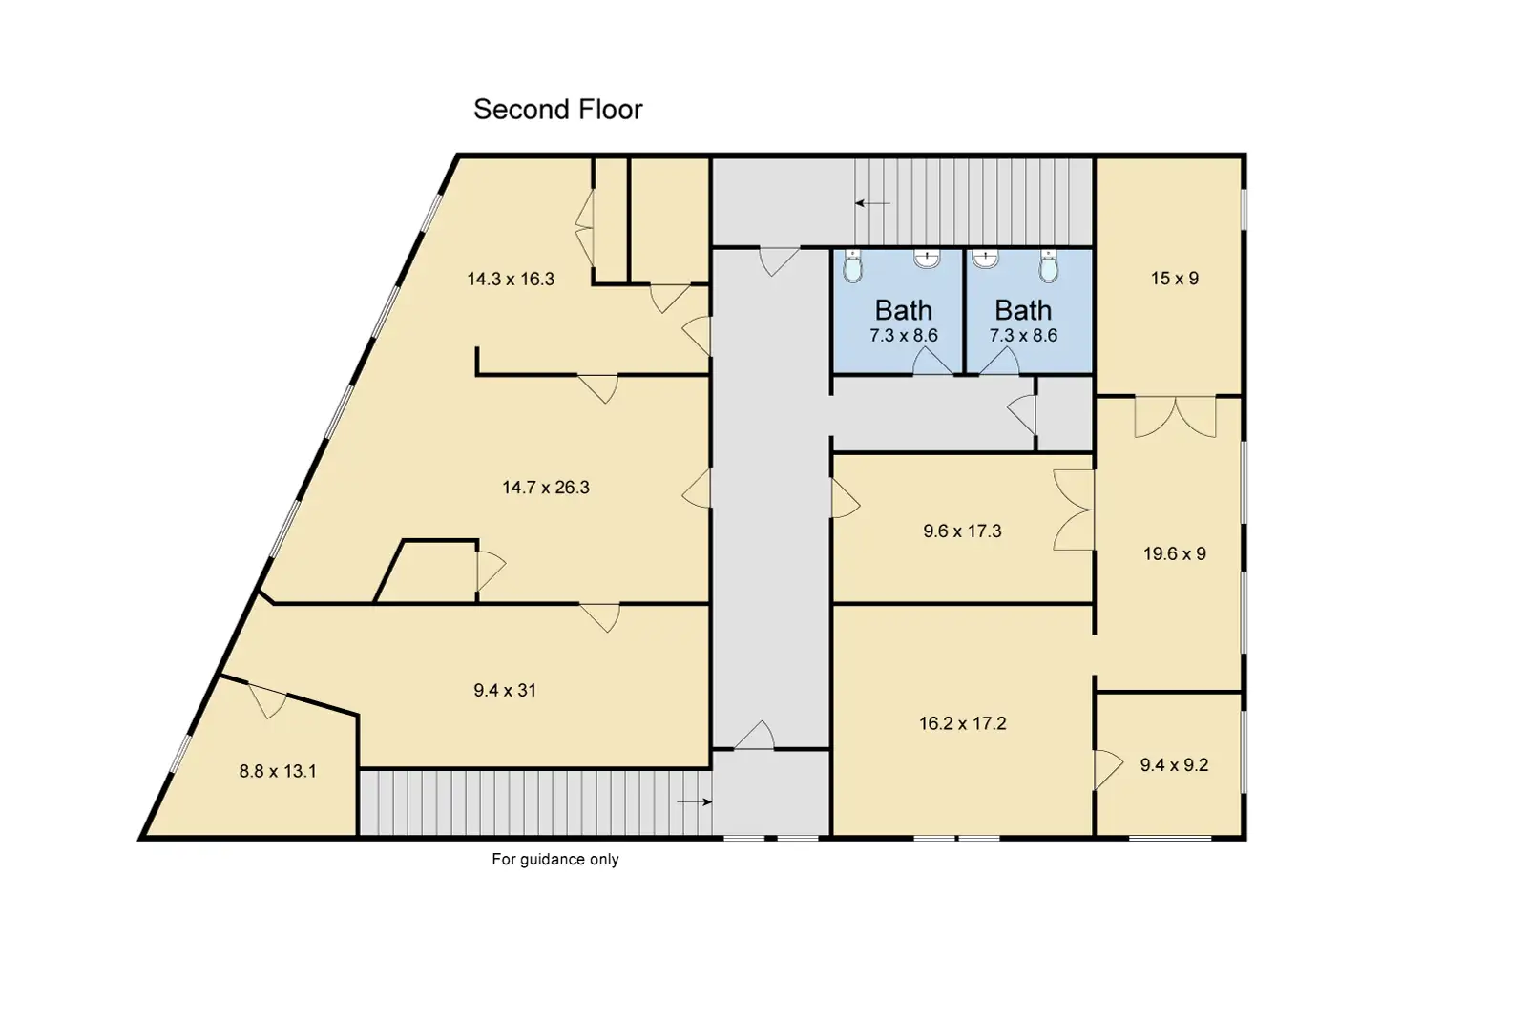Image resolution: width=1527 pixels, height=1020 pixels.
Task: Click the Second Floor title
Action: pos(557,110)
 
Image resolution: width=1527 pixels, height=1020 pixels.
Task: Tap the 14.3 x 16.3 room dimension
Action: pos(511,279)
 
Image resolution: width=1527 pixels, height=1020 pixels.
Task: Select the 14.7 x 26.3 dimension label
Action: pos(545,488)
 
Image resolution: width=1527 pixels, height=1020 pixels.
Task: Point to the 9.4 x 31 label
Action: pos(505,690)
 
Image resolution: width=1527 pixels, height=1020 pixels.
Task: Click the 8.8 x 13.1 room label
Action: pos(278,771)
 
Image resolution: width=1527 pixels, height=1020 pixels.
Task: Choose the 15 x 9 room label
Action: pos(1175,278)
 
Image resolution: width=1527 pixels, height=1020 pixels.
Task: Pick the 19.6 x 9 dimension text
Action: pos(1175,553)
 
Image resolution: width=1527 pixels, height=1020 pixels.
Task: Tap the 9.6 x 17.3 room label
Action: pos(962,531)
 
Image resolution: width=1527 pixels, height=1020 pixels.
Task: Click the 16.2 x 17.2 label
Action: pos(962,723)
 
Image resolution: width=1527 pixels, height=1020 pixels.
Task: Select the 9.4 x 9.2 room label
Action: pos(1174,764)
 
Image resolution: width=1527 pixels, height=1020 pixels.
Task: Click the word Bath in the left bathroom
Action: pos(903,311)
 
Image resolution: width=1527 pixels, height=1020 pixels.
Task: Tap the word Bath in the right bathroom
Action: pos(1022,311)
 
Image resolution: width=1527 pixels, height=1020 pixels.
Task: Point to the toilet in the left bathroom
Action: pos(853,265)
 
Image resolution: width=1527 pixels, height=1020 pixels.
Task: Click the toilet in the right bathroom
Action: pos(1049,265)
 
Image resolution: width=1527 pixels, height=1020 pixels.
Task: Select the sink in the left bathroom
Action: pos(927,259)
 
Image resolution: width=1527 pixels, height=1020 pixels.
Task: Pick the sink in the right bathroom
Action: pos(985,259)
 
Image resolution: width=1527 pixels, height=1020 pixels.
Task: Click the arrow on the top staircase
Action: pos(872,203)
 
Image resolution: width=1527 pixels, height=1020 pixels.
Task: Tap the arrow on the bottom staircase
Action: pos(694,801)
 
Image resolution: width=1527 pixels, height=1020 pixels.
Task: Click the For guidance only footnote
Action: pos(554,859)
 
